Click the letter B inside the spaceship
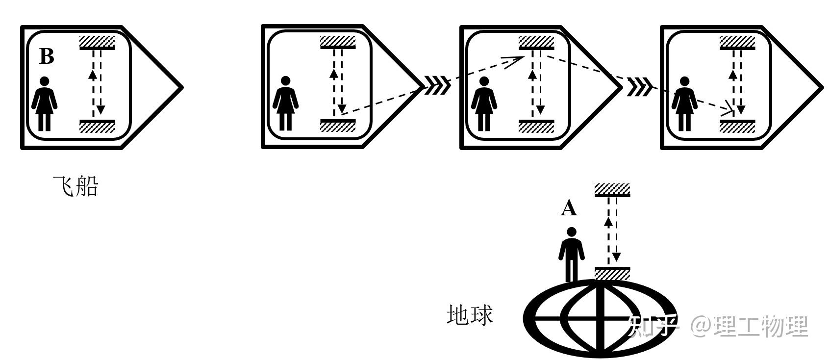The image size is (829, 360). (x=47, y=56)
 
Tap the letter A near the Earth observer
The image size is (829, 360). (x=569, y=208)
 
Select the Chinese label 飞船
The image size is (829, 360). (x=75, y=187)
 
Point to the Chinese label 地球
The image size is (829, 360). (x=470, y=315)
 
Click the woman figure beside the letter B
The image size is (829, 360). (x=44, y=104)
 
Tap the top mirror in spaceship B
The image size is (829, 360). (x=97, y=43)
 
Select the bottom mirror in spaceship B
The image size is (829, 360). (x=97, y=126)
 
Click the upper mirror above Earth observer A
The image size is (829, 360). (x=612, y=190)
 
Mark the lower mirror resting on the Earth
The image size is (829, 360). (x=612, y=274)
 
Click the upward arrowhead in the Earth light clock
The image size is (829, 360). (x=608, y=221)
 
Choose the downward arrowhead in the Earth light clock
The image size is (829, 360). (x=616, y=256)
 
